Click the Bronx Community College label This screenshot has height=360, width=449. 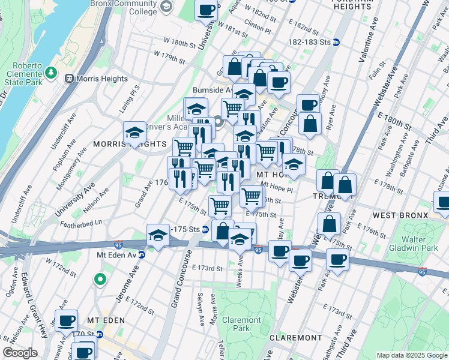click(124, 7)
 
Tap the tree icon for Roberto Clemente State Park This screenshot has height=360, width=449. click(52, 72)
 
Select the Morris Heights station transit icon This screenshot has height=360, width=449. click(69, 79)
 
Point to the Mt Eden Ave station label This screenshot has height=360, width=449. click(116, 254)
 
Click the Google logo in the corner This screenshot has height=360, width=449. click(20, 353)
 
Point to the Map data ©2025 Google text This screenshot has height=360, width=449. click(411, 355)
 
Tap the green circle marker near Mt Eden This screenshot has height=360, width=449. click(100, 279)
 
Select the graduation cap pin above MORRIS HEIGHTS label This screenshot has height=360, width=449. click(134, 132)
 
